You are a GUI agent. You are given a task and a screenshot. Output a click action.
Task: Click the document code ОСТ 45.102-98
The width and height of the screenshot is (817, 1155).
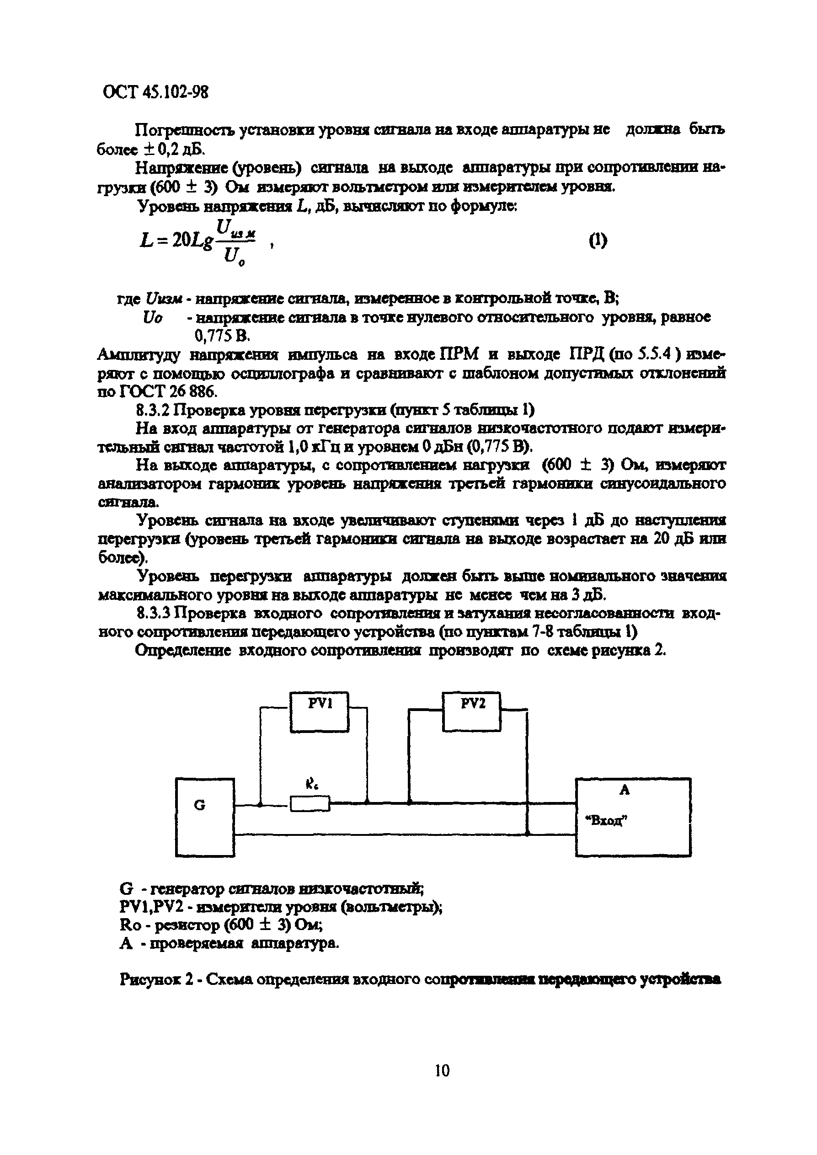155,92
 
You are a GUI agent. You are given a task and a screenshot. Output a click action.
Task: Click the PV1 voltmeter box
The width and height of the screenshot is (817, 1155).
320,711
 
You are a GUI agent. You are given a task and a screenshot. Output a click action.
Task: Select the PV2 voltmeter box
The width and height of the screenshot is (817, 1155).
471,711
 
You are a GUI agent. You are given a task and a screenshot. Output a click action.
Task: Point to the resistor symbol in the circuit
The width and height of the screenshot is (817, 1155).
310,804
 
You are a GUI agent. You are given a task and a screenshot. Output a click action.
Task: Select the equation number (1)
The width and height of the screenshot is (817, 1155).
598,241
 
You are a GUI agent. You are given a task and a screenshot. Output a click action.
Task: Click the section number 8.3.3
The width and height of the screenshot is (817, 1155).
154,614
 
